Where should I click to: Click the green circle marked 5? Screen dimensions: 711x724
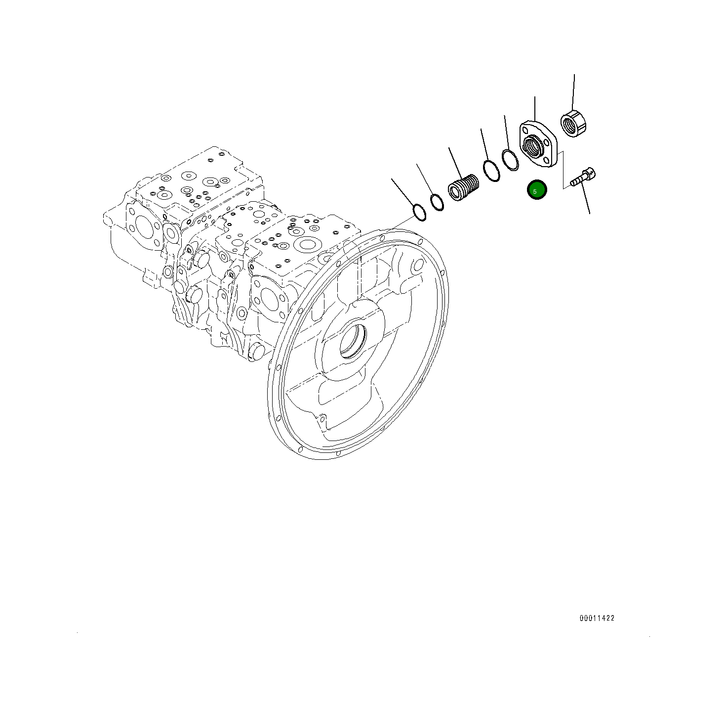pyautogui.click(x=537, y=190)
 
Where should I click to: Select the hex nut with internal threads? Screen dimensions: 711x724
pyautogui.click(x=573, y=124)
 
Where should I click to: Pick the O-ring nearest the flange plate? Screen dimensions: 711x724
pyautogui.click(x=510, y=159)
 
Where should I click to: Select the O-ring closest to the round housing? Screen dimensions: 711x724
pyautogui.click(x=420, y=212)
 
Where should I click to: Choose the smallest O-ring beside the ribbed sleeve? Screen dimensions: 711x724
pyautogui.click(x=437, y=202)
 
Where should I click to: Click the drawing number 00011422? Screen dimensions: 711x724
pyautogui.click(x=597, y=618)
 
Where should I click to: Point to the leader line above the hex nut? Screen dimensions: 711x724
pyautogui.click(x=573, y=92)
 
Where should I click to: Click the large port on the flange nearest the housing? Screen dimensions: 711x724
pyautogui.click(x=270, y=299)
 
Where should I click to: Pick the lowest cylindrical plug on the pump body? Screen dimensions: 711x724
pyautogui.click(x=258, y=352)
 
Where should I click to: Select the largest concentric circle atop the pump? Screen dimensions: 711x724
pyautogui.click(x=308, y=244)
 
